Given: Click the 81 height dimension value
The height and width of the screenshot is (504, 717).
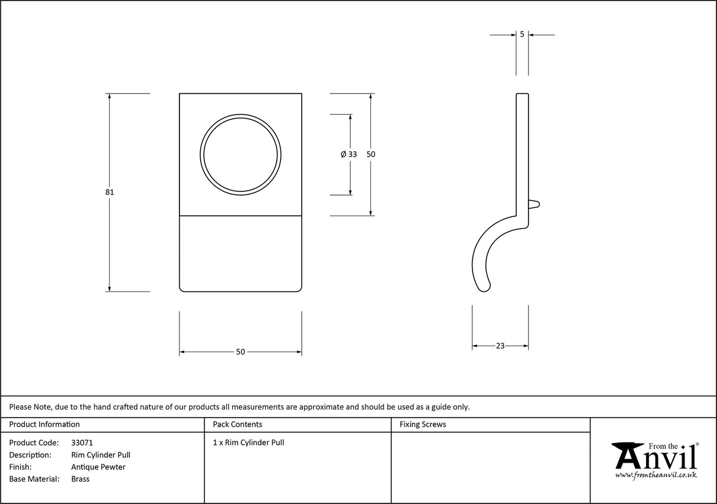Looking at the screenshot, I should [110, 192].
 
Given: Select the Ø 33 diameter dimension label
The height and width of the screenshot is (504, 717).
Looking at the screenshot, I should [349, 154].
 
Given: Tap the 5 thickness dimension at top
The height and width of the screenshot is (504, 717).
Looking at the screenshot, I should [522, 34].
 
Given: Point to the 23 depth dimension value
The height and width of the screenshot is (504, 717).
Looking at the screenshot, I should [500, 346].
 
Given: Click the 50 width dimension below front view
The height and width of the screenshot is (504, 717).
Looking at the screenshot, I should [240, 352].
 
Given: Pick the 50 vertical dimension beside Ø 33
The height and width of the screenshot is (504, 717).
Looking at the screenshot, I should [371, 154].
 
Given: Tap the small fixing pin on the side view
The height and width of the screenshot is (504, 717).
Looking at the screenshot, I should [534, 204].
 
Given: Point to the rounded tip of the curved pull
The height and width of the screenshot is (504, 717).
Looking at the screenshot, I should [485, 288].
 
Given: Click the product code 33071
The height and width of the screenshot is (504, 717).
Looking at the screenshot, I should [82, 443].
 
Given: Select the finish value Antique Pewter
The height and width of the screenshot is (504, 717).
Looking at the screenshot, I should [98, 467].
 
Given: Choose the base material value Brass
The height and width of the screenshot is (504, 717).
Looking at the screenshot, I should [80, 479].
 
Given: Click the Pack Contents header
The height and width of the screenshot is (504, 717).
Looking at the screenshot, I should [237, 424].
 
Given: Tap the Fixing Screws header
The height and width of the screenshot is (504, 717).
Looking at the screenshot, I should [423, 424].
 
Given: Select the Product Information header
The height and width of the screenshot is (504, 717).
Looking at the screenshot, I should [44, 424].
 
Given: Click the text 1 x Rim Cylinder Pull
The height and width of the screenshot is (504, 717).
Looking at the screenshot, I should [249, 443].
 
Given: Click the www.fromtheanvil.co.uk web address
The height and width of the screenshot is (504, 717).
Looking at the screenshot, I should [656, 475].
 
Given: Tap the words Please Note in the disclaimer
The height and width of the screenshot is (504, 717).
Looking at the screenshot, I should [30, 407].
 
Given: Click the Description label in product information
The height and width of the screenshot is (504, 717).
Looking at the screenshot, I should [30, 455].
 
